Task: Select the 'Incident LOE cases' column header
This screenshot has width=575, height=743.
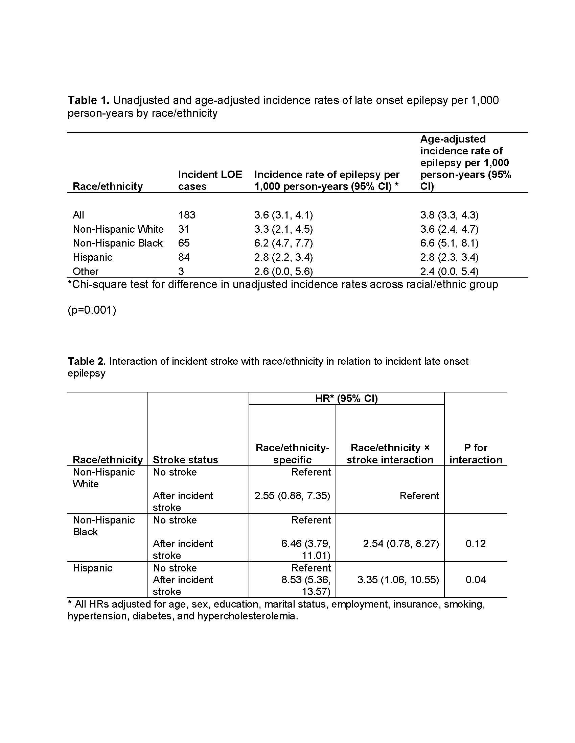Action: pyautogui.click(x=210, y=180)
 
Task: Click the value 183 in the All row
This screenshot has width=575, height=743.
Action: pyautogui.click(x=187, y=215)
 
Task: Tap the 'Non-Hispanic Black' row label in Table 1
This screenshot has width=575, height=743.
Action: pyautogui.click(x=117, y=243)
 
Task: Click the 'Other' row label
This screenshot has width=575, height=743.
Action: pyautogui.click(x=86, y=272)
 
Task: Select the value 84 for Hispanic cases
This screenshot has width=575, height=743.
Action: pyautogui.click(x=184, y=257)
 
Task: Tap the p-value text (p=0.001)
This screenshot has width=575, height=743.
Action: pyautogui.click(x=92, y=310)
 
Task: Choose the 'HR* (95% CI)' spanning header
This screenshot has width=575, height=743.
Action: pyautogui.click(x=346, y=399)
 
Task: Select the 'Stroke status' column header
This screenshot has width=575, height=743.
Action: pyautogui.click(x=185, y=460)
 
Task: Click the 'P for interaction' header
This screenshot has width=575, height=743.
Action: pyautogui.click(x=476, y=454)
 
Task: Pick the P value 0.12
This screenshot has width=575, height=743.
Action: pyautogui.click(x=476, y=544)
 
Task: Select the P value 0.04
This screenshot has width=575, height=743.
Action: pyautogui.click(x=476, y=580)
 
